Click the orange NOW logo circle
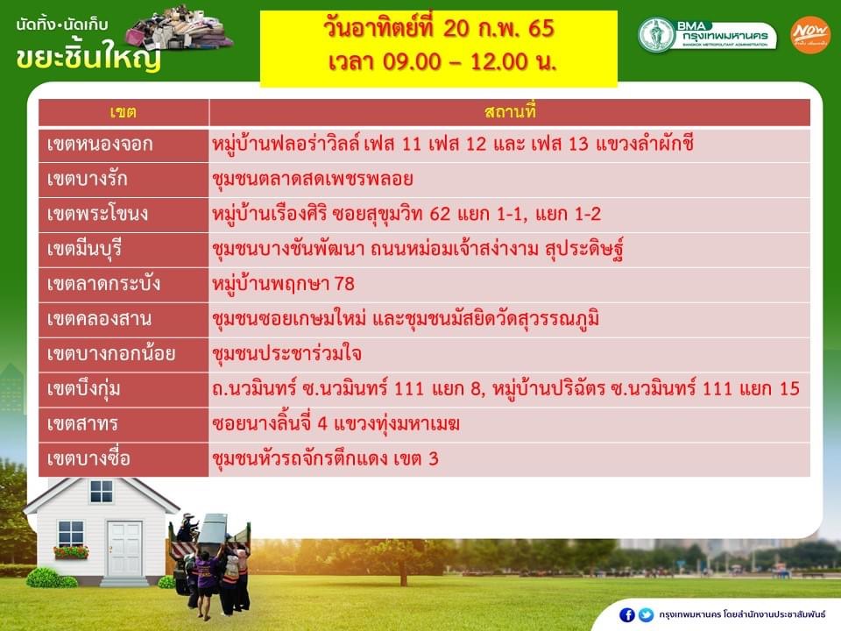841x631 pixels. click(809, 35)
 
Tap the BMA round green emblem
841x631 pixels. click(656, 35)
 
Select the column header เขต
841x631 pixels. click(124, 112)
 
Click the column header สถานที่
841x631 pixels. click(510, 111)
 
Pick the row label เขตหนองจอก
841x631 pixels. click(100, 145)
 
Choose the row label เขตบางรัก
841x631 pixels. click(88, 179)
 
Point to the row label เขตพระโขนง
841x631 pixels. click(97, 214)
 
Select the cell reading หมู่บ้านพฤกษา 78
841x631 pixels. click(283, 284)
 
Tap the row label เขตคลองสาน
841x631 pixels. click(99, 319)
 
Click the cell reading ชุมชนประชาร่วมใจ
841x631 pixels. click(287, 354)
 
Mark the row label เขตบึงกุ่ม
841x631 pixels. click(84, 389)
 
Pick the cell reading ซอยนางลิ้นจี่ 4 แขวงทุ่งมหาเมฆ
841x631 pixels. click(336, 424)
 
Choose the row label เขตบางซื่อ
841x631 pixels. click(88, 458)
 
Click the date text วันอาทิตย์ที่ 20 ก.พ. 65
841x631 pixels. click(438, 28)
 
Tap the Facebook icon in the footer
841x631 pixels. click(627, 615)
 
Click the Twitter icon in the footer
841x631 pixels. click(647, 615)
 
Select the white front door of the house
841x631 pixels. click(124, 549)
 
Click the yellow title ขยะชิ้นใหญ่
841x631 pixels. click(88, 56)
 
